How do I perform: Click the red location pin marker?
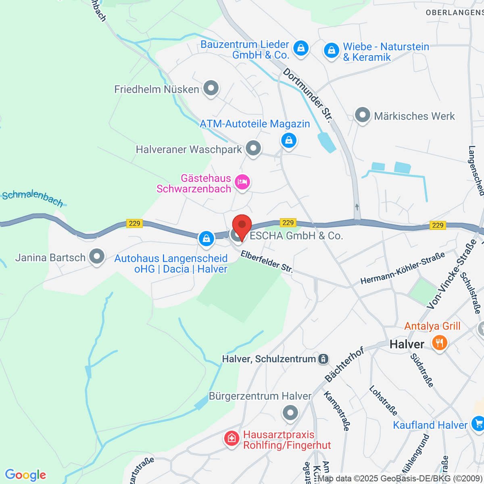click(242, 226)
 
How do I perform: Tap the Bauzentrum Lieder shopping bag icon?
click(300, 48)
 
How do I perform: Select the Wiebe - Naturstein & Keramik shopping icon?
click(331, 50)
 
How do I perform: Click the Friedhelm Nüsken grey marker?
click(211, 88)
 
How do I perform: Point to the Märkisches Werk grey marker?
click(362, 115)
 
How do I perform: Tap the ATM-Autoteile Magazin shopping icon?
click(289, 140)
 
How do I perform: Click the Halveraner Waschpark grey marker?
click(253, 148)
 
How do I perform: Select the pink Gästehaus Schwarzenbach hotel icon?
click(242, 182)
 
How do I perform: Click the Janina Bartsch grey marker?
click(96, 256)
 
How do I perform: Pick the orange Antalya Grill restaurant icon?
click(439, 343)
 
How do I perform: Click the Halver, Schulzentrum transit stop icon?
click(323, 359)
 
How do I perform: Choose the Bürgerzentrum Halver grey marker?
click(290, 413)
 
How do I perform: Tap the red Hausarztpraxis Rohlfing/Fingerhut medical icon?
click(232, 438)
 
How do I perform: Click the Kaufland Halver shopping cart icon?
click(478, 423)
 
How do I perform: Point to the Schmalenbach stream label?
click(33, 198)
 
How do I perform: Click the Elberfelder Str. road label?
click(267, 262)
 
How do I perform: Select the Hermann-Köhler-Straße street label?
click(402, 268)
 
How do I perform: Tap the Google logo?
click(25, 475)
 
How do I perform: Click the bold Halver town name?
click(407, 344)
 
